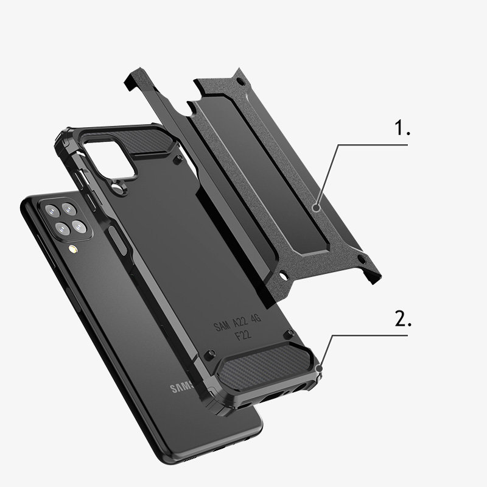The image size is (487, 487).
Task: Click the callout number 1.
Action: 402,129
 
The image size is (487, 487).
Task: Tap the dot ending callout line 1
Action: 317,208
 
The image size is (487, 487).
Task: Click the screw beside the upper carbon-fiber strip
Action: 177,159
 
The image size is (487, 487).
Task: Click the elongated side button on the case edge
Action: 121,240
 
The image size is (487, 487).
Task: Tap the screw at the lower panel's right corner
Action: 292,333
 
